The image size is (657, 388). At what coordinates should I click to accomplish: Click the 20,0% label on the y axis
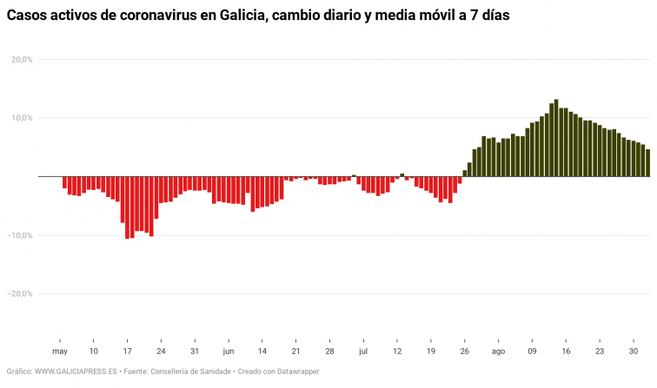[x=22, y=59]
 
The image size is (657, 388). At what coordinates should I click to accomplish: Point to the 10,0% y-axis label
[x=22, y=117]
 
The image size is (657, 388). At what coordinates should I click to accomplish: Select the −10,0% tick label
[x=20, y=235]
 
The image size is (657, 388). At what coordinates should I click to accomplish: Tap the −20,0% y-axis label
[x=20, y=293]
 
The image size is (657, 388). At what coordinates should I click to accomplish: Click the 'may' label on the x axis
[x=59, y=352]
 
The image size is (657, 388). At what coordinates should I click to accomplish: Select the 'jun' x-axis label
[x=228, y=352]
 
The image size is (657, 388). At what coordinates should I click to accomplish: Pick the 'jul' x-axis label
[x=363, y=352]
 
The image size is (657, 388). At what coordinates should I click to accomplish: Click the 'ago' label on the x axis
[x=498, y=352]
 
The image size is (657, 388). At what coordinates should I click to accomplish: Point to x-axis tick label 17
[x=127, y=352]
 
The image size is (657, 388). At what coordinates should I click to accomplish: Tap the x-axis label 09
[x=532, y=352]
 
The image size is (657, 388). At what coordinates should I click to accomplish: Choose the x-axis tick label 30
[x=634, y=352]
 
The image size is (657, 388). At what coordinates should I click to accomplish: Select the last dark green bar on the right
[x=647, y=163]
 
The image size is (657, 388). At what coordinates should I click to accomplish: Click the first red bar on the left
[x=64, y=182]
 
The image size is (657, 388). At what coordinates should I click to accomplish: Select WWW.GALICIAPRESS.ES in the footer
[x=76, y=372]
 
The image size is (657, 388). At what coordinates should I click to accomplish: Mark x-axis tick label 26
[x=464, y=352]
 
